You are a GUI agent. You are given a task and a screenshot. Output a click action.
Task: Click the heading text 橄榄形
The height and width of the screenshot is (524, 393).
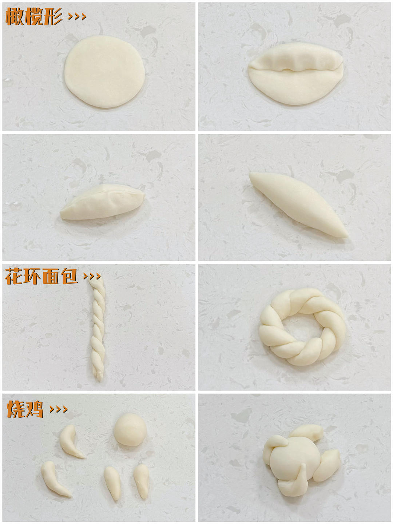[33, 16]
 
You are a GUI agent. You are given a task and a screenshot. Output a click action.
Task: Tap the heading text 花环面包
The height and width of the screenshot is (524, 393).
[41, 276]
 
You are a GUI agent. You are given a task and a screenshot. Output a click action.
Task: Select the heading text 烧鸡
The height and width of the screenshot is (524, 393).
[25, 409]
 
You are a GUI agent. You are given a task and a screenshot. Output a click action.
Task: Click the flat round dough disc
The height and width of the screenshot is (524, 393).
[104, 71]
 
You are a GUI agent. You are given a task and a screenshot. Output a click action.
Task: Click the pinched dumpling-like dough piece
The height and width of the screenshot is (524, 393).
[103, 202]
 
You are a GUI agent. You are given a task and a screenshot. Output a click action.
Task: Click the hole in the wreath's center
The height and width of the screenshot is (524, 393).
[299, 328]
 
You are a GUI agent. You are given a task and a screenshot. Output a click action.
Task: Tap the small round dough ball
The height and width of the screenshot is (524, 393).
[130, 429]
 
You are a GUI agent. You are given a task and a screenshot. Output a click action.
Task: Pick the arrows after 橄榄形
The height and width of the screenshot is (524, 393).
[77, 16]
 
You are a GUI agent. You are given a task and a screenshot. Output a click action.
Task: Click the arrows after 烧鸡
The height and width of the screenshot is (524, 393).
[59, 409]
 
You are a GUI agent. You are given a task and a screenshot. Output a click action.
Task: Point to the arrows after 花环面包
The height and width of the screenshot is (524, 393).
[92, 276]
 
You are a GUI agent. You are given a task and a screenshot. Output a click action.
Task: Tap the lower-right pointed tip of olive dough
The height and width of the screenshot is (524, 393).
[346, 236]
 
